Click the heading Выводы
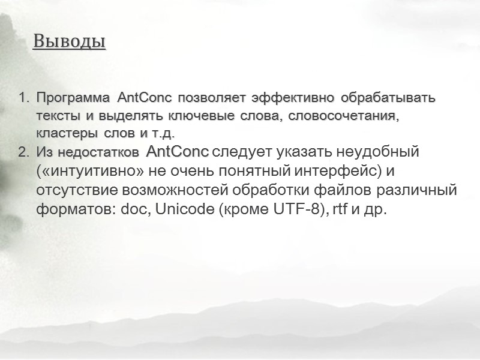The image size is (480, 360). coord(69,41)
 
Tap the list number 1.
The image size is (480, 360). coord(22,98)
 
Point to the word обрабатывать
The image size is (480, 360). coord(391,97)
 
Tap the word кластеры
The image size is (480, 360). coord(62,132)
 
